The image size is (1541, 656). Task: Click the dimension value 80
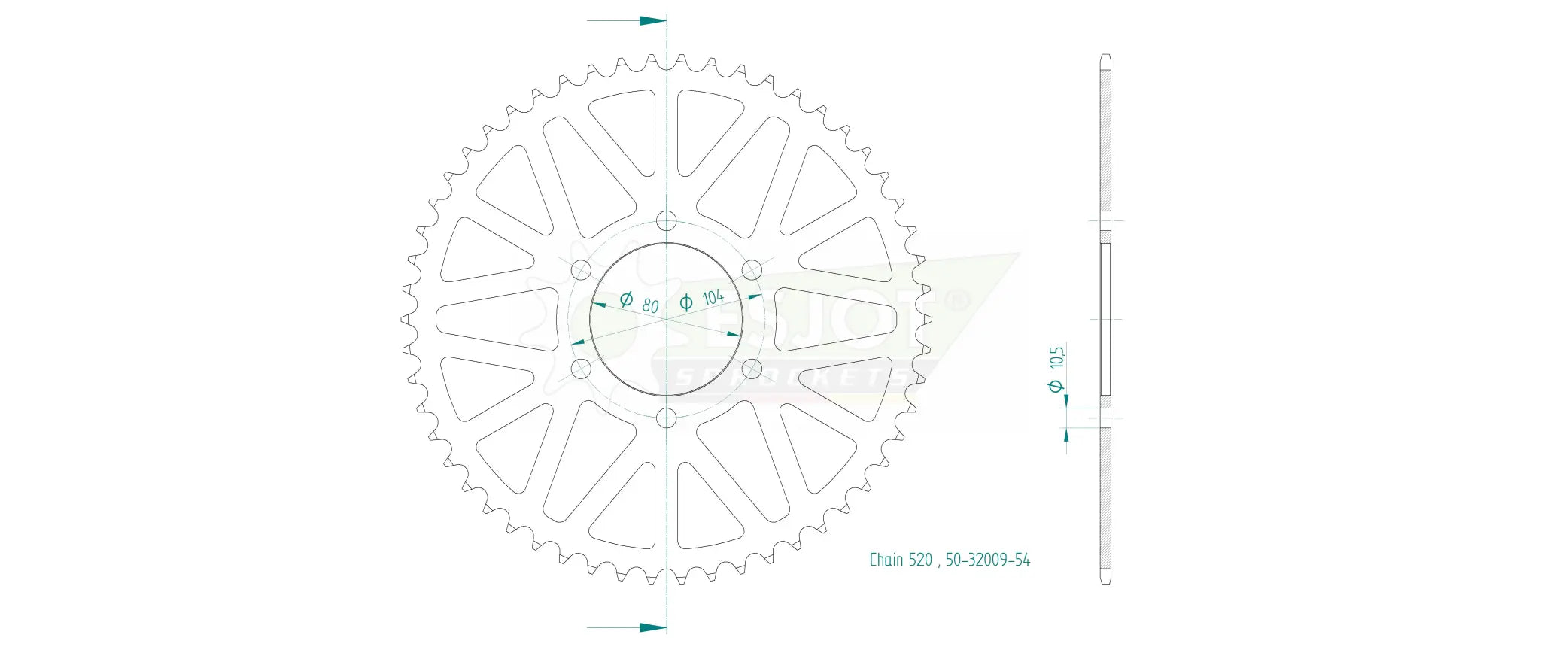[x=650, y=305]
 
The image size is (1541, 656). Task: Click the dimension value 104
[x=713, y=297]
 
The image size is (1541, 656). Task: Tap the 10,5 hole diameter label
[x=1057, y=357]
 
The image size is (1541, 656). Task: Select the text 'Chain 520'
[x=901, y=560]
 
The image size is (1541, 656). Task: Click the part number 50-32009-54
[x=987, y=560]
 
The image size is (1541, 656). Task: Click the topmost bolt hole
[x=667, y=220]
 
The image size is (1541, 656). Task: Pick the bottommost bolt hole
[x=667, y=418]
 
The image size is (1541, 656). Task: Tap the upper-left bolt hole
[x=582, y=269]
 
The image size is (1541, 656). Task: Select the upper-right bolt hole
[x=752, y=269]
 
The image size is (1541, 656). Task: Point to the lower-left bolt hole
[x=582, y=369]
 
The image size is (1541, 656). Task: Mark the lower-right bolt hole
[x=752, y=369]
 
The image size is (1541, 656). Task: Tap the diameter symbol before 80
[x=626, y=299]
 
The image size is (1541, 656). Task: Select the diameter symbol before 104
[x=686, y=302]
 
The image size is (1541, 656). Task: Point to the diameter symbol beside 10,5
[x=1056, y=386]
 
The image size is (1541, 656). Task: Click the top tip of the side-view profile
[x=1105, y=56]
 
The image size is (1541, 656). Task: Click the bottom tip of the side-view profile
[x=1105, y=582]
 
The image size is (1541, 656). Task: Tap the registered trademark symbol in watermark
[x=956, y=301]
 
